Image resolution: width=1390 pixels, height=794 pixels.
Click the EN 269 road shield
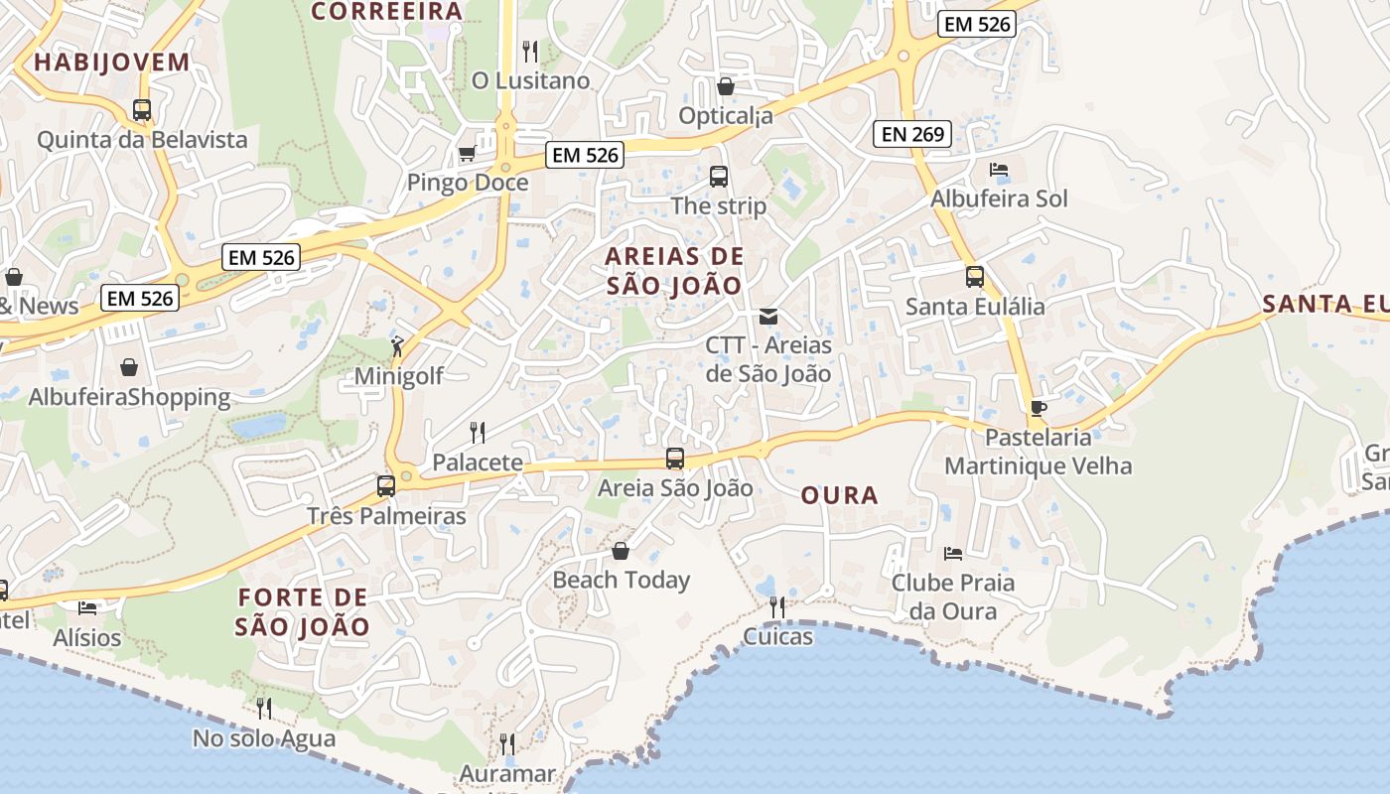pos(912,133)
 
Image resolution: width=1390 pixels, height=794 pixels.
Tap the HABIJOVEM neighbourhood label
pos(111,63)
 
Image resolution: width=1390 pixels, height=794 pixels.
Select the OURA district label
pos(839,495)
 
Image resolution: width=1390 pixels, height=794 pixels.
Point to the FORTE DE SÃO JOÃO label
pos(303,612)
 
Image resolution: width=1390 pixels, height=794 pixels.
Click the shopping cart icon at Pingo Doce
pos(467,154)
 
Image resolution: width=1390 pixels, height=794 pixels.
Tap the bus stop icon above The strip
pos(719,177)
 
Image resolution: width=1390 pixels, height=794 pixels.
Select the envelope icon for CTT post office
pos(768,317)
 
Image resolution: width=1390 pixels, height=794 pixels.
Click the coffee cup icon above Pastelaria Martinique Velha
pos(1038,408)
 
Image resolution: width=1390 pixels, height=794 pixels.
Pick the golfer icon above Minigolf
pos(397,346)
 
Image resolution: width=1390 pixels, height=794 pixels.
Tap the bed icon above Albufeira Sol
pos(999,170)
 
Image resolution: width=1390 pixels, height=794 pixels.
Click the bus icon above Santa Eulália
pos(975,277)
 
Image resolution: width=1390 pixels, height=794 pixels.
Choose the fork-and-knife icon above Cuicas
pos(777,606)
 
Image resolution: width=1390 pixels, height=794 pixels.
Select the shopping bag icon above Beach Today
pos(621,550)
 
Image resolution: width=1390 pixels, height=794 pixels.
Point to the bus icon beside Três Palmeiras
pos(386,486)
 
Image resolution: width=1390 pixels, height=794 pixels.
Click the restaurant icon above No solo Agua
pos(264,709)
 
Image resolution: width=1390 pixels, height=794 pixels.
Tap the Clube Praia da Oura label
pos(953,596)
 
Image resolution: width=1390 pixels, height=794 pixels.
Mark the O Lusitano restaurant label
pos(530,80)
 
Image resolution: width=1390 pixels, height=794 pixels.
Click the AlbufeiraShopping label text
pos(129,398)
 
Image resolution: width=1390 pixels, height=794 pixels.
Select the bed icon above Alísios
pos(87,607)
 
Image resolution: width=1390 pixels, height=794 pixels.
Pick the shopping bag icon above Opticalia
pos(726,86)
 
